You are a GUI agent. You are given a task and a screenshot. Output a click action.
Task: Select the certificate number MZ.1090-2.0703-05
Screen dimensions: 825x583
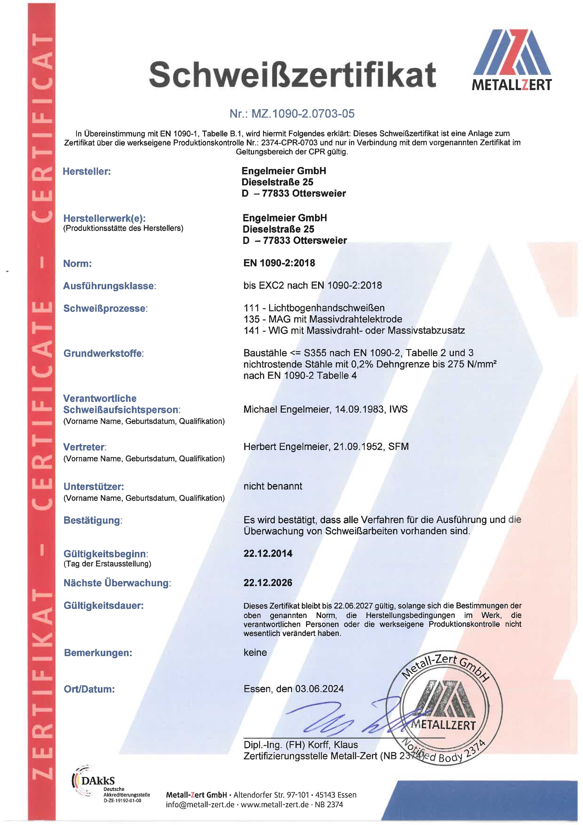point(292,114)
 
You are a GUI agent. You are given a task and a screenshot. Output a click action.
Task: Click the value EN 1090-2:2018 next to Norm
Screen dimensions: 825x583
point(279,263)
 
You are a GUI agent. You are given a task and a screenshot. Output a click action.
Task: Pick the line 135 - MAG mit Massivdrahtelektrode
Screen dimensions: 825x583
point(323,319)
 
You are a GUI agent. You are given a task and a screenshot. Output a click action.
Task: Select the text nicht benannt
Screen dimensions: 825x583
point(273,486)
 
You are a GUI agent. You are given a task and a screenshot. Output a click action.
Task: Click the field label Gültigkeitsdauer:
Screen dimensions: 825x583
point(103,606)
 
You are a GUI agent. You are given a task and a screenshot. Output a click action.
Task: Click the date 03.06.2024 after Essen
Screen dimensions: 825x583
point(319,689)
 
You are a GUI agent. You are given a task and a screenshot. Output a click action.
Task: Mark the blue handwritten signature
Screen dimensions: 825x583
point(345,719)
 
